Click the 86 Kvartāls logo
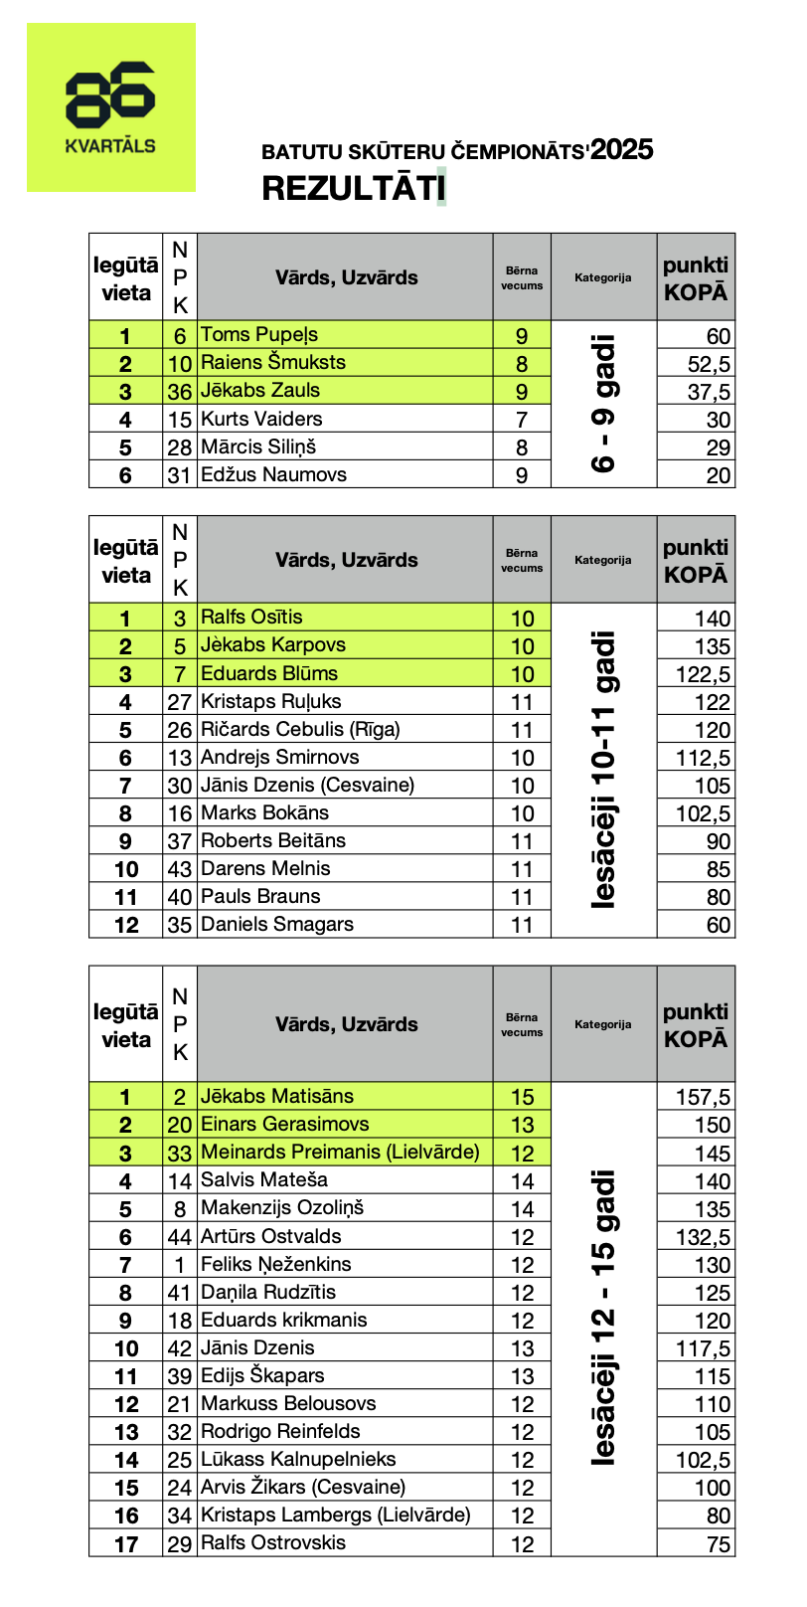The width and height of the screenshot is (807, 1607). pyautogui.click(x=110, y=107)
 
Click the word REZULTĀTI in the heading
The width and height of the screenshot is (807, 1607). pyautogui.click(x=351, y=188)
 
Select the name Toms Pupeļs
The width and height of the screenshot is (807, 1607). pyautogui.click(x=259, y=334)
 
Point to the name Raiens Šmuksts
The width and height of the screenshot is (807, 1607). pyautogui.click(x=273, y=362)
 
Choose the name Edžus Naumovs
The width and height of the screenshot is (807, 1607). pyautogui.click(x=273, y=474)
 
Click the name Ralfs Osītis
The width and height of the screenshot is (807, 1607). pyautogui.click(x=251, y=617)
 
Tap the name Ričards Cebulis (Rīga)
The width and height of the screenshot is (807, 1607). pyautogui.click(x=300, y=729)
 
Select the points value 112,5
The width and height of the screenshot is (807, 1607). pyautogui.click(x=703, y=758)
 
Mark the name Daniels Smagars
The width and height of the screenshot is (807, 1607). pyautogui.click(x=277, y=924)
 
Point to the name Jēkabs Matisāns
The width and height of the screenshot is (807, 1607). pyautogui.click(x=277, y=1096)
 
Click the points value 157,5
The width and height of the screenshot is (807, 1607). pyautogui.click(x=703, y=1097)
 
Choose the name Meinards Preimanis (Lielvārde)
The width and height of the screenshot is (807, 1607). pyautogui.click(x=340, y=1152)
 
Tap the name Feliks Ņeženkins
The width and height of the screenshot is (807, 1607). pyautogui.click(x=276, y=1264)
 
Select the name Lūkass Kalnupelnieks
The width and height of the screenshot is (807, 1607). pyautogui.click(x=298, y=1459)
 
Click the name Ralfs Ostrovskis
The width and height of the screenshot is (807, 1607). pyautogui.click(x=273, y=1542)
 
